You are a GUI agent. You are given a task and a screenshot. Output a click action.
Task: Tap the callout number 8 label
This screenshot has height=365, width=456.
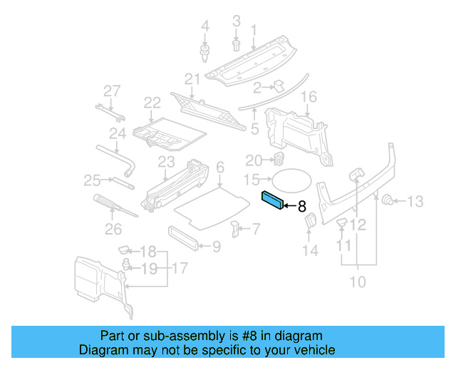pos(301,207)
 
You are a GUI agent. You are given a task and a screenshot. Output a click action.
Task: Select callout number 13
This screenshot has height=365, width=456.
pos(415,202)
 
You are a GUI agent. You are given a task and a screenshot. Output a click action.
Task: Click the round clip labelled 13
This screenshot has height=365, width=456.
pos(390,200)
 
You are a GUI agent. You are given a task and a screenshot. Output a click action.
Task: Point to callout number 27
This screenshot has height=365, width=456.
pos(113,91)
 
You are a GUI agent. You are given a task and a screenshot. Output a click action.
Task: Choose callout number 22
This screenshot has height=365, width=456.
pos(152,104)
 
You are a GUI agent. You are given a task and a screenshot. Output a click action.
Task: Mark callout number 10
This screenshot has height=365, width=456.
pos(358,282)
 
